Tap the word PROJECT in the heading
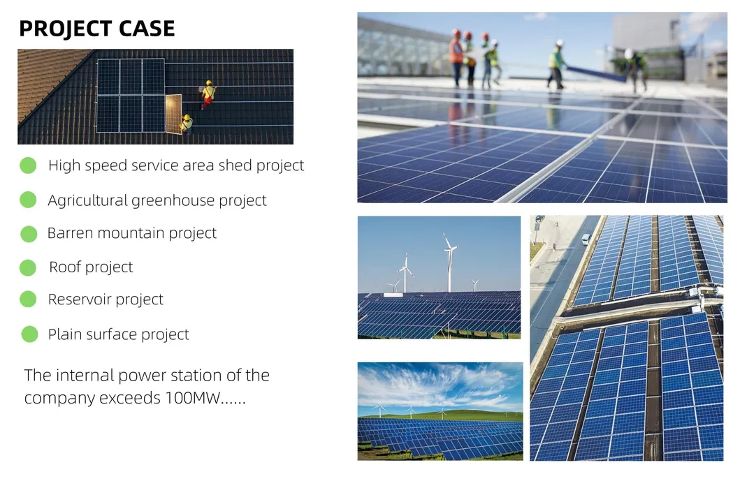[61, 29]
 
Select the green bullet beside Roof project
[28, 267]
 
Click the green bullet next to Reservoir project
[28, 299]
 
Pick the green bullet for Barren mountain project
[28, 234]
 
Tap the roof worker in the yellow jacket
[187, 124]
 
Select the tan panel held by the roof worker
[173, 114]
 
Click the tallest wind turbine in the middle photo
[449, 262]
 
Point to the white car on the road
[586, 239]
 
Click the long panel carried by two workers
[595, 73]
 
